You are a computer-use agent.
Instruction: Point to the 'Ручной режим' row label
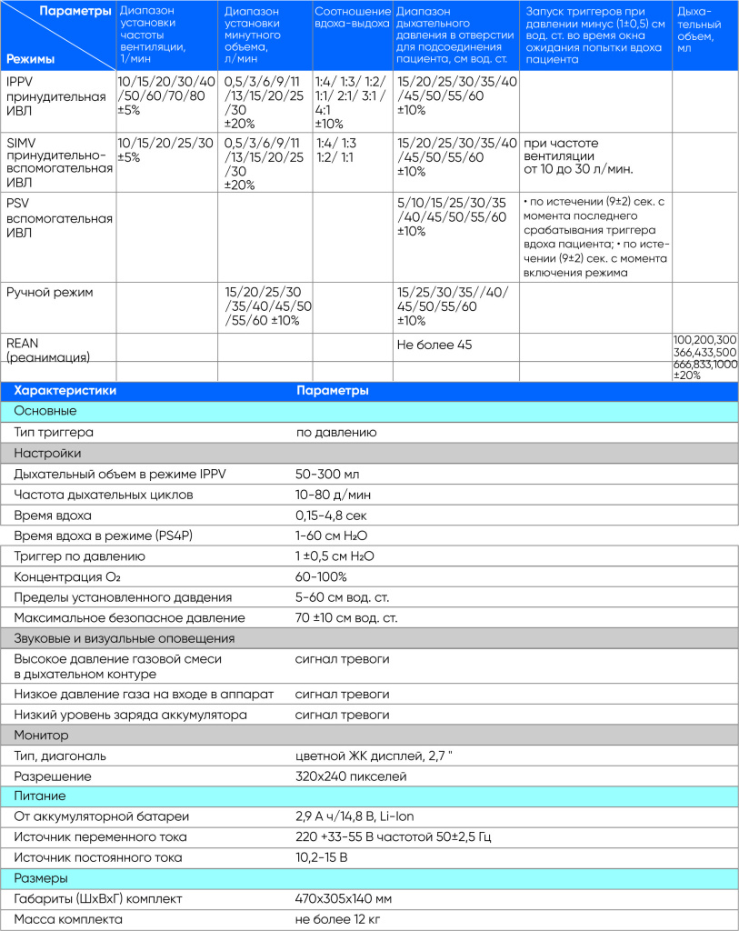pyautogui.click(x=50, y=292)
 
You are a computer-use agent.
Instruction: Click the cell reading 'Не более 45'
pyautogui.click(x=434, y=345)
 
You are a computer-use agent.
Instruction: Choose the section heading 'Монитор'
pyautogui.click(x=41, y=734)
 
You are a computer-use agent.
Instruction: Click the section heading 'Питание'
pyautogui.click(x=38, y=796)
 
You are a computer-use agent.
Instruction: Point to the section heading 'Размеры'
pyautogui.click(x=40, y=878)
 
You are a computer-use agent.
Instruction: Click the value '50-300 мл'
pyautogui.click(x=326, y=474)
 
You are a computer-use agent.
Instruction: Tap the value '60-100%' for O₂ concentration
pyautogui.click(x=321, y=576)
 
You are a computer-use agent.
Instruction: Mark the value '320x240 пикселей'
pyautogui.click(x=351, y=776)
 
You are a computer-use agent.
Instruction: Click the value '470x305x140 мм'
pyautogui.click(x=344, y=898)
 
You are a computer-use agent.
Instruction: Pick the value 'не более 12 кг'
pyautogui.click(x=338, y=919)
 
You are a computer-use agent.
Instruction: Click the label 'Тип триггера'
pyautogui.click(x=54, y=432)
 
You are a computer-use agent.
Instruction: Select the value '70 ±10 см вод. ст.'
pyautogui.click(x=346, y=617)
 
